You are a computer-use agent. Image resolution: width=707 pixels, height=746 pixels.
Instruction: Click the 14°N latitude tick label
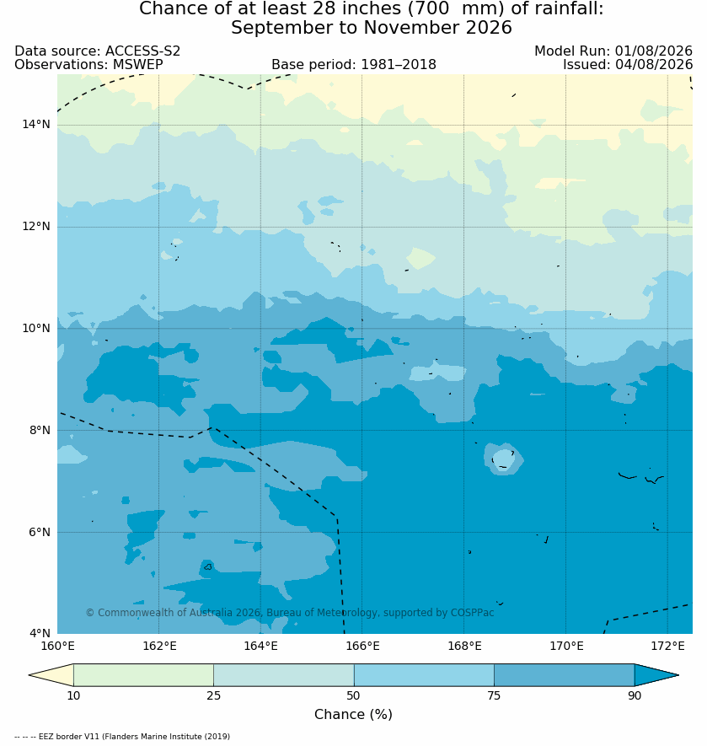[35, 125]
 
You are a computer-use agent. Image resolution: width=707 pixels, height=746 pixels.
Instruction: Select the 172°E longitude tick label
[667, 646]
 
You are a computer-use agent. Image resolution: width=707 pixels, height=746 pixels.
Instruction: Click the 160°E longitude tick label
[57, 646]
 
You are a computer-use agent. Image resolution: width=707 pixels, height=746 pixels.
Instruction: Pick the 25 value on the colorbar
[214, 695]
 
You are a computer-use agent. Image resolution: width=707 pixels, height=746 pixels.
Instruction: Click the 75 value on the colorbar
[494, 695]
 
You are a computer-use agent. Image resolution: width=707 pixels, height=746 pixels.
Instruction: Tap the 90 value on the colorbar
[635, 695]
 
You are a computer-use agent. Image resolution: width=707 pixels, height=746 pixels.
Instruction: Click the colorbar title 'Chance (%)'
[353, 714]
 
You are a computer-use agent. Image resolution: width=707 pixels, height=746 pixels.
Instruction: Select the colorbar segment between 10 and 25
[144, 674]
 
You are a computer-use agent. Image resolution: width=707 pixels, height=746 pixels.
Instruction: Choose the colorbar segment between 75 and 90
[565, 674]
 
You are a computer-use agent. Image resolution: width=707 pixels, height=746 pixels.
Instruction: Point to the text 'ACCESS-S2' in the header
[142, 51]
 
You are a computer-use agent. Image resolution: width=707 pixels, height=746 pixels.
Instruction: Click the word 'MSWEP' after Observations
[138, 64]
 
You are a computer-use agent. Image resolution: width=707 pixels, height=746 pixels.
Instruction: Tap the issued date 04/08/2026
[654, 64]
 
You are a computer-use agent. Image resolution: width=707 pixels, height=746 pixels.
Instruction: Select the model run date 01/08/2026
[654, 51]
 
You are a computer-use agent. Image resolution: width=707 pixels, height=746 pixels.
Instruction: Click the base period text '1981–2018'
[399, 64]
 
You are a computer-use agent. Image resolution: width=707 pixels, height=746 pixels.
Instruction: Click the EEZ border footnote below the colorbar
[122, 737]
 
